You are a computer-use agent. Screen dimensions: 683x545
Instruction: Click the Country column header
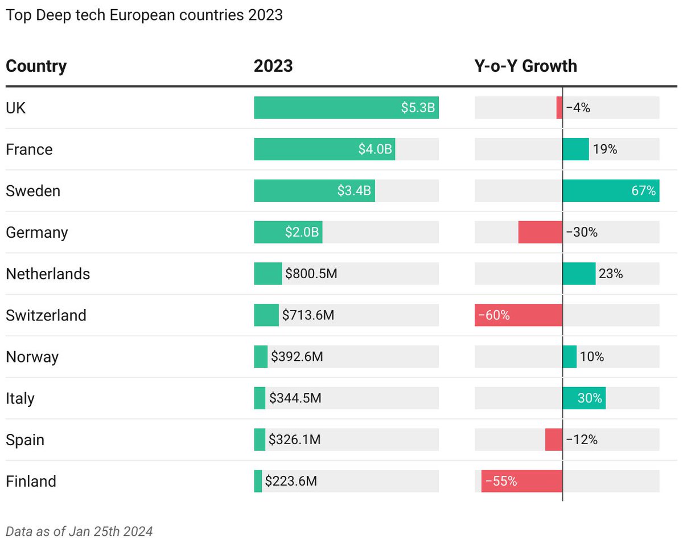point(36,67)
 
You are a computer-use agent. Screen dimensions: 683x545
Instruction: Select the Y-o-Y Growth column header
point(525,66)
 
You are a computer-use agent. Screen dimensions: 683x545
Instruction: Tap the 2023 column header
point(273,66)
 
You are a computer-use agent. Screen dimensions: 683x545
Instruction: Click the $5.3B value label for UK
point(418,108)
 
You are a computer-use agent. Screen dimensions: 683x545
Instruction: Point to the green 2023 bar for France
point(324,149)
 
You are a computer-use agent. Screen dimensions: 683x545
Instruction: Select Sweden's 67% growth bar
point(611,190)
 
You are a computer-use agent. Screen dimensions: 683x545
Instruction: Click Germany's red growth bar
point(540,232)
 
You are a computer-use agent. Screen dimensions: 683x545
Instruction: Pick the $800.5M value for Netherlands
point(311,274)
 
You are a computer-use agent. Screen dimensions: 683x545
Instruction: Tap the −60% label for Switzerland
point(494,315)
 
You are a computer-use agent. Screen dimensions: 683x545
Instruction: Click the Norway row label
point(32,357)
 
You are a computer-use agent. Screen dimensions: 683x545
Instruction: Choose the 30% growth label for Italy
point(590,398)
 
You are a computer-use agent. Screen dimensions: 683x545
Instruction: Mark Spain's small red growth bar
point(554,440)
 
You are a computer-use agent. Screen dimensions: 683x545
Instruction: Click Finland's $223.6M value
point(291,481)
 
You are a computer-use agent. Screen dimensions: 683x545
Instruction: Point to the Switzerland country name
point(46,315)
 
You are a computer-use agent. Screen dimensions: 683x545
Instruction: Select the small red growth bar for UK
point(559,108)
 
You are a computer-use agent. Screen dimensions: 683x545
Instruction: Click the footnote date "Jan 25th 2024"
point(111,531)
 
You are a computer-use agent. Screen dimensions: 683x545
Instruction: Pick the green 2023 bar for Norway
point(261,356)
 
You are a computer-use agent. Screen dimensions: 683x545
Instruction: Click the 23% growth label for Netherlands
point(610,274)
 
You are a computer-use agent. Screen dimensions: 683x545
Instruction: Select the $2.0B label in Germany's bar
point(302,232)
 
